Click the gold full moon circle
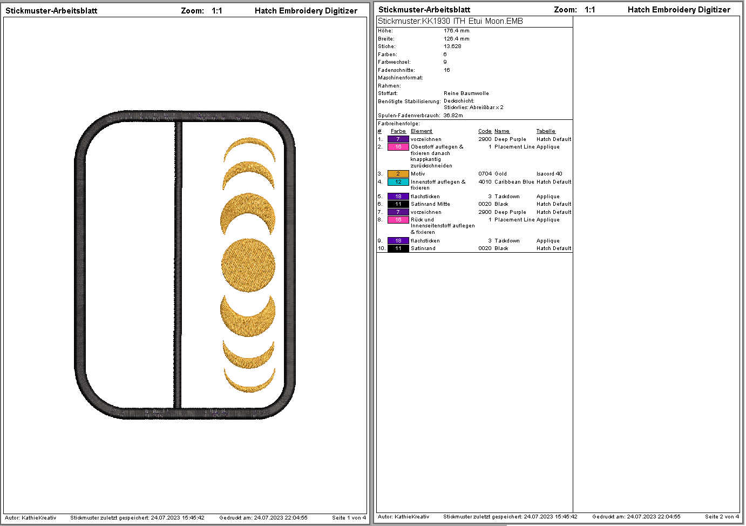[248, 266]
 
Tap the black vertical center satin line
[178, 265]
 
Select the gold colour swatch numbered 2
[398, 174]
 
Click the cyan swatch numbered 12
[398, 182]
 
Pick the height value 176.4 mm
[456, 31]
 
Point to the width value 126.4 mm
[456, 39]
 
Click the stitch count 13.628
[452, 46]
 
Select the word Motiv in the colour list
[418, 174]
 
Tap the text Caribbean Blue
[514, 182]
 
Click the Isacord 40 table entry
[549, 174]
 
